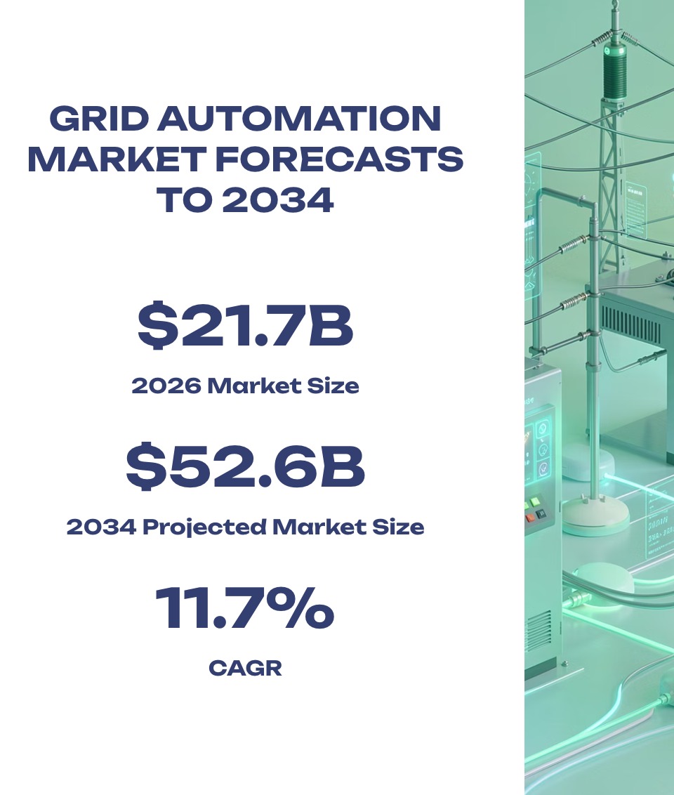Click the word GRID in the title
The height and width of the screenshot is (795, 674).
[x=99, y=119]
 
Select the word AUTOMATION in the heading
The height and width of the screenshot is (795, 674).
[x=299, y=119]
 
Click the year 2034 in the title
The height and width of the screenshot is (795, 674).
[x=278, y=199]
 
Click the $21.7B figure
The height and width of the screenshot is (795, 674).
[x=245, y=325]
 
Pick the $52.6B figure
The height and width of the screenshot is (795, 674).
[x=245, y=466]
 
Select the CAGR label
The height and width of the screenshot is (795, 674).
[x=245, y=669]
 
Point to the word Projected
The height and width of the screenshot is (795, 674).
[x=204, y=528]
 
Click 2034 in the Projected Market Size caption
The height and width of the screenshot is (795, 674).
[x=101, y=527]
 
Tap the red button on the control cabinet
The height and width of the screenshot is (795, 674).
[x=529, y=518]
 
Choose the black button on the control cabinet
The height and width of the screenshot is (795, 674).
[x=540, y=513]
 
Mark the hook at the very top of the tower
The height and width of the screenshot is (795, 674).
[x=615, y=4]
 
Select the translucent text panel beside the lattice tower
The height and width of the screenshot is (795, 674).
[x=637, y=209]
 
